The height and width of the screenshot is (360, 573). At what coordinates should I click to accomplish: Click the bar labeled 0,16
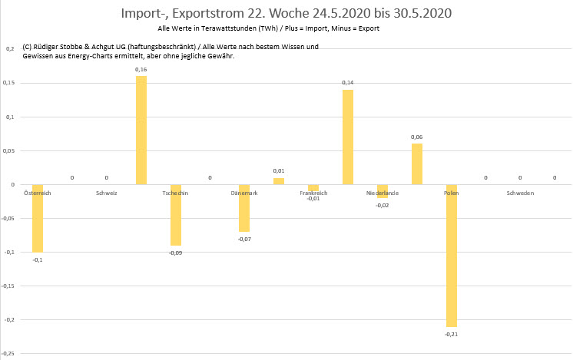tap(141, 130)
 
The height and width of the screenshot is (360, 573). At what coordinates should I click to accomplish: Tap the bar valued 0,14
tap(348, 137)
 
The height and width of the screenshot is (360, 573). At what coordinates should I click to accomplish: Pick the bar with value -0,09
tap(176, 215)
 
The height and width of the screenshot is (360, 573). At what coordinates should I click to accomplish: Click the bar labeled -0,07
tap(244, 208)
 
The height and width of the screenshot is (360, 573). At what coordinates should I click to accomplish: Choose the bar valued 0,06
tap(417, 164)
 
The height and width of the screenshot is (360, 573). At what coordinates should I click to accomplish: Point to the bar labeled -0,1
tap(38, 219)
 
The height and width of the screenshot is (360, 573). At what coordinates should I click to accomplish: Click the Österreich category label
tap(38, 193)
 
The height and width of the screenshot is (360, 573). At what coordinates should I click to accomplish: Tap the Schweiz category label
tap(107, 193)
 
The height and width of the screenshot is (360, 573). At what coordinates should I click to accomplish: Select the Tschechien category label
tap(176, 193)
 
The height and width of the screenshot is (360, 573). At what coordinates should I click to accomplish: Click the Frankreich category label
tap(313, 193)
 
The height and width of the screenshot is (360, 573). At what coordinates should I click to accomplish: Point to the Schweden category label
tap(520, 193)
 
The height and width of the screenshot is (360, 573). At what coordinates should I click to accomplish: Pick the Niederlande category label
tap(383, 193)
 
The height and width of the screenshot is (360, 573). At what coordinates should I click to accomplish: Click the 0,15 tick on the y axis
tap(9, 84)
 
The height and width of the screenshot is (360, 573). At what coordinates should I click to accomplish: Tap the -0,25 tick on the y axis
tap(8, 353)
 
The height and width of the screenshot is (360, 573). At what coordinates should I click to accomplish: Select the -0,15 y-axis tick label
tap(8, 286)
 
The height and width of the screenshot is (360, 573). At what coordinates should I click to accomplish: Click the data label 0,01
tap(279, 170)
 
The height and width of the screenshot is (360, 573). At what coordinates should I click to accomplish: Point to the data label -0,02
tap(383, 205)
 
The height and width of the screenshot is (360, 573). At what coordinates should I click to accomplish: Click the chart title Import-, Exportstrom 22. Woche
tap(286, 14)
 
